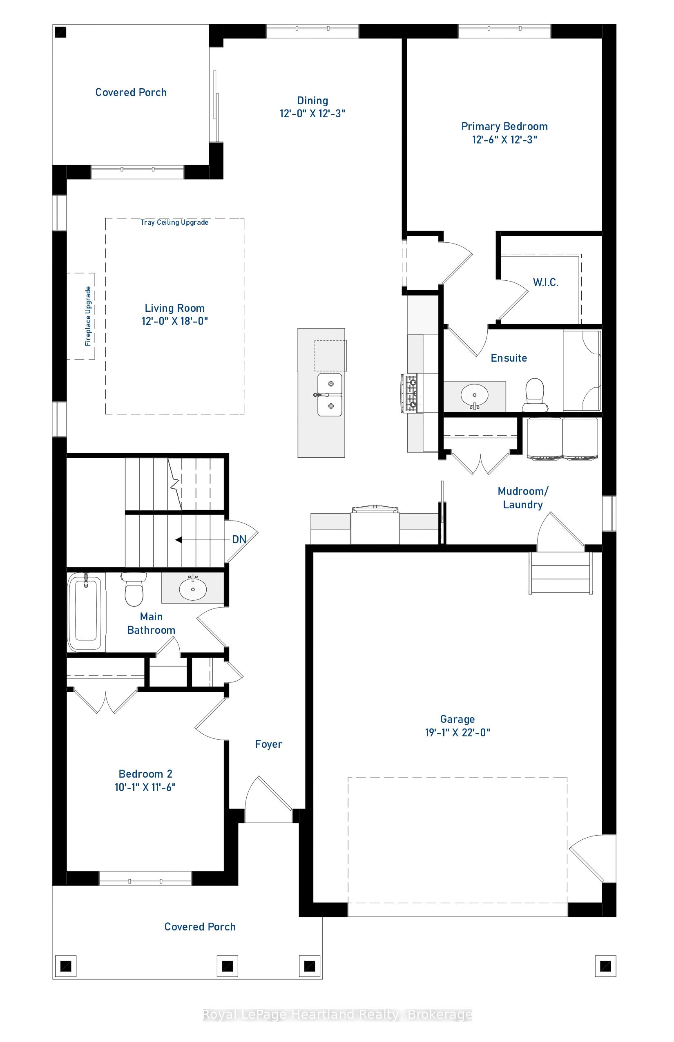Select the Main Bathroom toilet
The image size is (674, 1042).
click(134, 589)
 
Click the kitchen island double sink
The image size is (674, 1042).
click(330, 394)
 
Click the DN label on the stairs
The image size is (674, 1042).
click(239, 539)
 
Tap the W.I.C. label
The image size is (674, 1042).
click(545, 282)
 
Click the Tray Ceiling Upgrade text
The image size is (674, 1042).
click(174, 222)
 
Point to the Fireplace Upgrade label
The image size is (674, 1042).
click(88, 316)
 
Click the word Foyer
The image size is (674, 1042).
click(268, 744)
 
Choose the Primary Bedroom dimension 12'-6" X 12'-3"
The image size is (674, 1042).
click(504, 140)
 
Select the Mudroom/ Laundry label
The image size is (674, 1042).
click(522, 498)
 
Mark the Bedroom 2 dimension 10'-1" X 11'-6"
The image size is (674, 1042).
click(145, 787)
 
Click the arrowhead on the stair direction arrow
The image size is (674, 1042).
click(179, 540)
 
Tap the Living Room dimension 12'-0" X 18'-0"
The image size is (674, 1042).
click(175, 321)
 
